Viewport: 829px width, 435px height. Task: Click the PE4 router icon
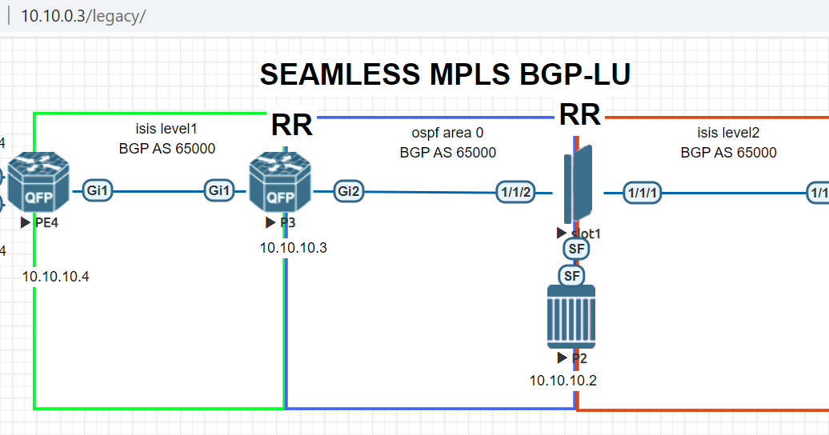click(38, 182)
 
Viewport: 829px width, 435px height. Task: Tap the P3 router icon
click(278, 182)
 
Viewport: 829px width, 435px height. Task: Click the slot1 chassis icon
click(578, 184)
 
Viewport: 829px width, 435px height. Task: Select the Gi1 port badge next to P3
click(221, 190)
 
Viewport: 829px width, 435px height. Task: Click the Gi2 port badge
click(349, 191)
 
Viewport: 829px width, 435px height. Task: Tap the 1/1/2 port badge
click(514, 193)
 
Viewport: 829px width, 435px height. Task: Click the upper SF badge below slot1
click(575, 249)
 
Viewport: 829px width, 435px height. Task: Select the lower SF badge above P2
click(571, 276)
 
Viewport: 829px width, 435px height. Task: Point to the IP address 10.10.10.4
click(55, 277)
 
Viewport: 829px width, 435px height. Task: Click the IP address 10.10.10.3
click(293, 248)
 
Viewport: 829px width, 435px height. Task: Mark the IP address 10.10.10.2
click(563, 380)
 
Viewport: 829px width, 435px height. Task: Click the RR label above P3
click(291, 125)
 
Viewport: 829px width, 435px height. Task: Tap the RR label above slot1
click(579, 115)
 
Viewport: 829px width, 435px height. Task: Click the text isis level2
click(728, 133)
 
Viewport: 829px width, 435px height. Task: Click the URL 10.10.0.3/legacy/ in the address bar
click(83, 16)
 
